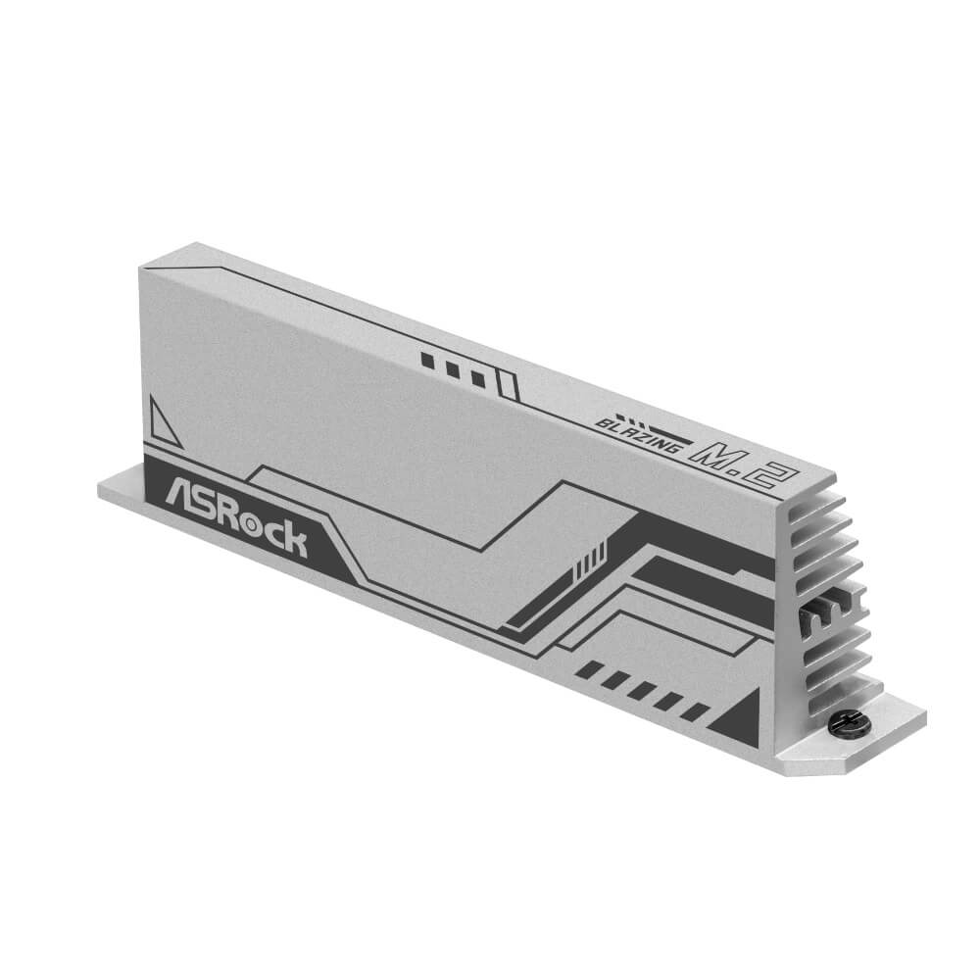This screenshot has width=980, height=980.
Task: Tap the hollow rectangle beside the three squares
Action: (x=508, y=384)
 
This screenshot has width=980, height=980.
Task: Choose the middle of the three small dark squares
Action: (x=453, y=369)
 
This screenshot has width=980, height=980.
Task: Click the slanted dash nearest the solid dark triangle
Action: (x=694, y=709)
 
